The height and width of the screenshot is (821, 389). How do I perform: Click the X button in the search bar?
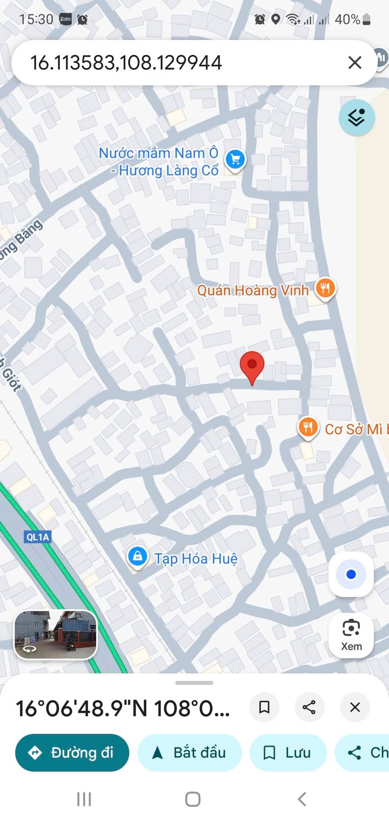click(354, 63)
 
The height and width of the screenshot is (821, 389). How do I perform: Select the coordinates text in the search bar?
click(126, 63)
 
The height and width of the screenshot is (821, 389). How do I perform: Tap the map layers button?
click(357, 117)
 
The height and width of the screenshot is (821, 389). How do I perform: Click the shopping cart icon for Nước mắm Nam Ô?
click(235, 160)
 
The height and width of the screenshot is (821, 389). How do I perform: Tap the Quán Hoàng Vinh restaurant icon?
click(325, 289)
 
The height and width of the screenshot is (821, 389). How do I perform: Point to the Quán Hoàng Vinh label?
click(252, 290)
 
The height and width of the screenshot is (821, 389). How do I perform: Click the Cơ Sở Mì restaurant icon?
click(307, 428)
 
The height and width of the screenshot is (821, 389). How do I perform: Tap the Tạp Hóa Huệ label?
click(196, 558)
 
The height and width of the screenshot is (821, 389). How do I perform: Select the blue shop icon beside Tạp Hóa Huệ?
click(138, 556)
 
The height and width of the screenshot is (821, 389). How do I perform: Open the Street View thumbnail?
click(56, 635)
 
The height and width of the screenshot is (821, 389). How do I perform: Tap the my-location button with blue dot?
click(351, 574)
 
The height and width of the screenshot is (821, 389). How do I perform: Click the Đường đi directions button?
click(72, 752)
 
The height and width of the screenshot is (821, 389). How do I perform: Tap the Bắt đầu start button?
click(189, 752)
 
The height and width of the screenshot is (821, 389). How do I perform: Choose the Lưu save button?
click(288, 752)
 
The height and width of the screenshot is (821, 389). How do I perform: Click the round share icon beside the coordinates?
click(309, 707)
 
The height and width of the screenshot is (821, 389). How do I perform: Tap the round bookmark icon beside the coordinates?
click(264, 707)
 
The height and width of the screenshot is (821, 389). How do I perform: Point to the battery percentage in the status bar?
click(347, 20)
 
